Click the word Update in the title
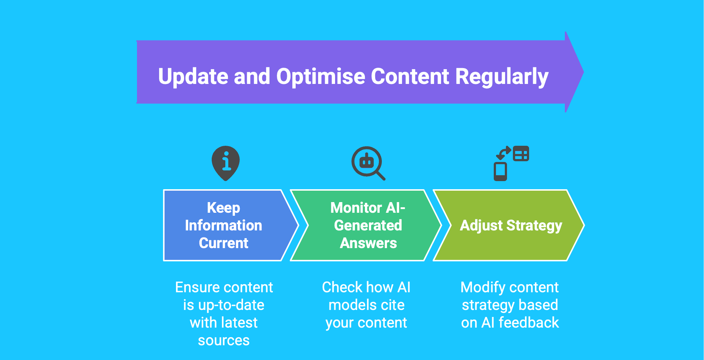pyautogui.click(x=193, y=77)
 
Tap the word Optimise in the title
pyautogui.click(x=320, y=77)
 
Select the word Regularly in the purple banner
pyautogui.click(x=502, y=77)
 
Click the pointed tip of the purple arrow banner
pyautogui.click(x=583, y=72)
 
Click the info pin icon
pyautogui.click(x=226, y=163)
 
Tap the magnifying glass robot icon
pyautogui.click(x=368, y=163)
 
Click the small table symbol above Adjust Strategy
pyautogui.click(x=521, y=153)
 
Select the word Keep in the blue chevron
pyautogui.click(x=223, y=208)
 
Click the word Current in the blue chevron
pyautogui.click(x=224, y=243)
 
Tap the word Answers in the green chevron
pyautogui.click(x=369, y=243)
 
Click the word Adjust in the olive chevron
pyautogui.click(x=482, y=226)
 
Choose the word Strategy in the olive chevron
pyautogui.click(x=535, y=226)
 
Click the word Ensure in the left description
pyautogui.click(x=197, y=287)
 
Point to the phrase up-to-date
pyautogui.click(x=231, y=305)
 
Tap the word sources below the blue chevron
pyautogui.click(x=224, y=340)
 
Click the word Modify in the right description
pyautogui.click(x=483, y=287)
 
